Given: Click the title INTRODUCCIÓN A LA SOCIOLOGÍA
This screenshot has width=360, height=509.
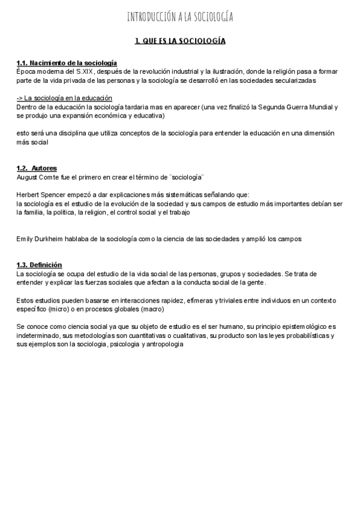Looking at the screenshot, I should tap(180, 17).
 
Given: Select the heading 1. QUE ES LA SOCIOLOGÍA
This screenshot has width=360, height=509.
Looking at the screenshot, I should tap(180, 41).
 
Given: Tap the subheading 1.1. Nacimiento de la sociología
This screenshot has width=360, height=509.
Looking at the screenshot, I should tap(67, 63).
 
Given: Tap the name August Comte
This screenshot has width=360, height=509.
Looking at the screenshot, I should tap(37, 176).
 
